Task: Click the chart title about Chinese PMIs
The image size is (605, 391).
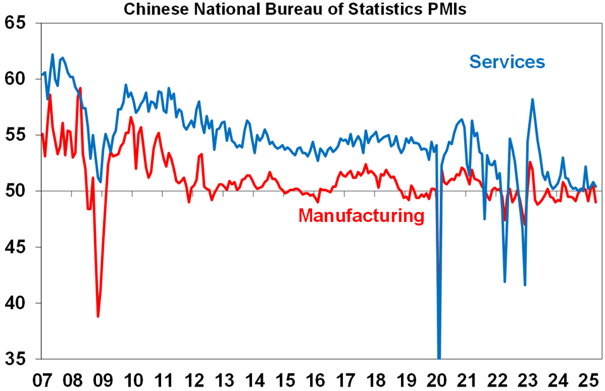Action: click(x=295, y=9)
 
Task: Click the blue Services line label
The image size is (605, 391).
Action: click(x=506, y=62)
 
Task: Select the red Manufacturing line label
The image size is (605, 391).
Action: click(x=361, y=216)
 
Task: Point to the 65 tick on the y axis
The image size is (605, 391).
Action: click(x=19, y=23)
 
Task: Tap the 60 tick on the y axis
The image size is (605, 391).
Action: click(x=19, y=79)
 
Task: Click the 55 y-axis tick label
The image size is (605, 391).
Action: click(x=19, y=135)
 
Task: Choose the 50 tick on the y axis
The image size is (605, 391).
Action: click(x=19, y=191)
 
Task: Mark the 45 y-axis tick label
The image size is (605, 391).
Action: click(x=19, y=247)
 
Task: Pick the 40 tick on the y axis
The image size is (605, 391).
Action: click(x=19, y=303)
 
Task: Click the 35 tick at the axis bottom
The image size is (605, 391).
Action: click(x=19, y=359)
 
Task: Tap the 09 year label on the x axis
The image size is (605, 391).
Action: click(x=103, y=380)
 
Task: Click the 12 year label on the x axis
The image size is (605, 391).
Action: click(x=194, y=380)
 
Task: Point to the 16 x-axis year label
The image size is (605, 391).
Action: click(x=315, y=380)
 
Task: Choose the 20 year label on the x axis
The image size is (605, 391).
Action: click(x=436, y=380)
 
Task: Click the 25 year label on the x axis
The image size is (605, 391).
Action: click(x=588, y=380)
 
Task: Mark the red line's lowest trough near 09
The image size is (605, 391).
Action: click(x=98, y=316)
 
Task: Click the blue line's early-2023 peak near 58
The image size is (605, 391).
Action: click(x=533, y=99)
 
